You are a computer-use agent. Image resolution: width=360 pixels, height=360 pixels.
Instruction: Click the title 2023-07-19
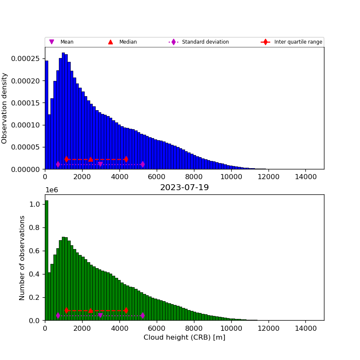point(184,188)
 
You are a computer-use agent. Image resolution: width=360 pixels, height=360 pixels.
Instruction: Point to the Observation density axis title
point(5,108)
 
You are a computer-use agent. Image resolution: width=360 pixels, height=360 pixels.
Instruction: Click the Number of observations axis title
point(22,258)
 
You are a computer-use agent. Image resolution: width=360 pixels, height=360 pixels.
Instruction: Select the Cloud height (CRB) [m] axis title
point(184,338)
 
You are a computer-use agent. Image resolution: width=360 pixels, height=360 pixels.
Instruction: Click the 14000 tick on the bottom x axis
point(305,328)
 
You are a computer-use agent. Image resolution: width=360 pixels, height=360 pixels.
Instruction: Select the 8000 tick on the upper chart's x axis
point(194,177)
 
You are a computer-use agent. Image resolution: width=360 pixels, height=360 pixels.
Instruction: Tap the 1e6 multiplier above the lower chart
point(52,190)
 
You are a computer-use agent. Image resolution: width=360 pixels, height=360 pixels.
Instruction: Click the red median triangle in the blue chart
point(91,159)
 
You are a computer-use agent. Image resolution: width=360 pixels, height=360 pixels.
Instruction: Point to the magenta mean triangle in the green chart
point(100,315)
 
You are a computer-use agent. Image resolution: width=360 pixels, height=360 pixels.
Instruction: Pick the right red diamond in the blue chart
point(126,159)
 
